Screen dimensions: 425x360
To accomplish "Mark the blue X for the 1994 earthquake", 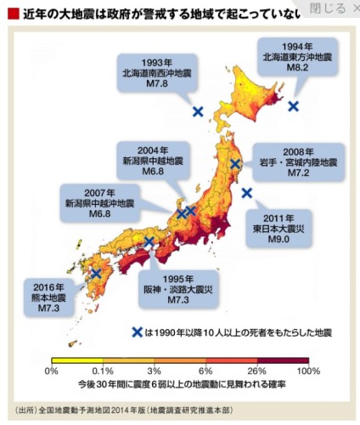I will [x=294, y=106].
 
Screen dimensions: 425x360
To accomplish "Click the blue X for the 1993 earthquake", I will [x=198, y=111].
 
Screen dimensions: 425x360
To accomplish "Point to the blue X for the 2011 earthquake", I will [x=247, y=193].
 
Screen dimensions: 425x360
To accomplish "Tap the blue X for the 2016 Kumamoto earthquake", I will [x=96, y=274].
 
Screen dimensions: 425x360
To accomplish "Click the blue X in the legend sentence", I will [x=137, y=332].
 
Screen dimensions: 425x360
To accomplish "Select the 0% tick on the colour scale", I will [x=51, y=371].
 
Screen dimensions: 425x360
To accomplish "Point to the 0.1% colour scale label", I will [x=103, y=371].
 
